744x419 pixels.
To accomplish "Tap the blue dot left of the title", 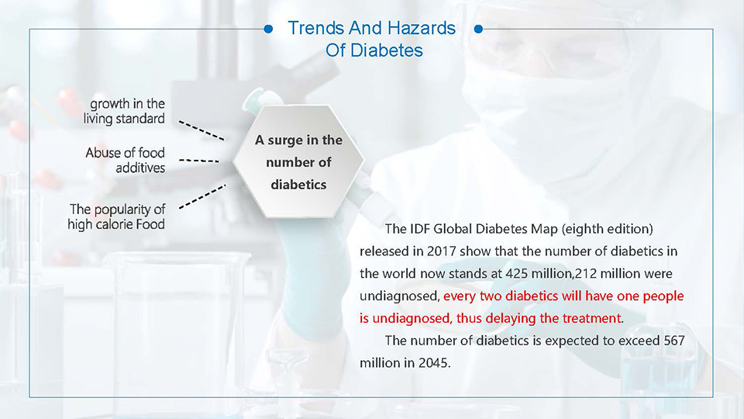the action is pos(268,29).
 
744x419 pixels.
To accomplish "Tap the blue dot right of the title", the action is pos(478,29).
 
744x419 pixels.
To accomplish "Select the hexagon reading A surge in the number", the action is pos(298,161).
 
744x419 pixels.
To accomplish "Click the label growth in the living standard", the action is pos(124,111).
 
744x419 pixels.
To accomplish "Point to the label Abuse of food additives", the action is pos(126,160).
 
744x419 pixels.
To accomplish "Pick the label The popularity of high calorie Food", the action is pos(116,216).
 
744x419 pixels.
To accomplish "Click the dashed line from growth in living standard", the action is pos(201,130).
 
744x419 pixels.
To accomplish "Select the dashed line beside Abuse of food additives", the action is pos(199,161).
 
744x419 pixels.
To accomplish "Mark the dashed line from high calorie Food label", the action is pos(202,196).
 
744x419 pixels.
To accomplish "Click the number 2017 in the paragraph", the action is pos(441,251).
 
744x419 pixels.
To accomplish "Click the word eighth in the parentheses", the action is pos(582,229).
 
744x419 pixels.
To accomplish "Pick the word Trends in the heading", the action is pos(316,28).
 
